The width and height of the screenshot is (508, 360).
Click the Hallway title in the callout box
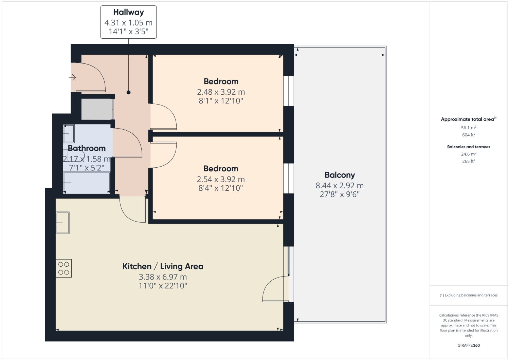(128, 12)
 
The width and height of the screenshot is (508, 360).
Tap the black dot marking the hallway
(128, 92)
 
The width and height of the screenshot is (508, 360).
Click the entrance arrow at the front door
(72, 78)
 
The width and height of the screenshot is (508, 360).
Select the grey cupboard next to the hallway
(97, 109)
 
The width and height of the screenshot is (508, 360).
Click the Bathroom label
(87, 148)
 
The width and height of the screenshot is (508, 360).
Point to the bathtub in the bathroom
(87, 183)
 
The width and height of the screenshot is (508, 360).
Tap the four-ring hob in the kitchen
(64, 268)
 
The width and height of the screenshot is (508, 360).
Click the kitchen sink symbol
(62, 223)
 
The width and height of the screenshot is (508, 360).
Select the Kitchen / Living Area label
(163, 266)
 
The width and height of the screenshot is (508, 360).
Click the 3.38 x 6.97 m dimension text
(163, 277)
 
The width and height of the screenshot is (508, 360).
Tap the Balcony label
(340, 175)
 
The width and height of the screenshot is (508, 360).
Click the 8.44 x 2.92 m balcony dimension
(340, 186)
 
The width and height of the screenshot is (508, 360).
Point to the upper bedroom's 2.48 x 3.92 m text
(221, 92)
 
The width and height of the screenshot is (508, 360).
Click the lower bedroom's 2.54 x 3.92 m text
(221, 179)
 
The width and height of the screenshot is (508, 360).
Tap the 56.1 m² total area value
(468, 128)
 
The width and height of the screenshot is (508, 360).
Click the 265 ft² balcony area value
(468, 161)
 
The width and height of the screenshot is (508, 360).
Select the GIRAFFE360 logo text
(468, 345)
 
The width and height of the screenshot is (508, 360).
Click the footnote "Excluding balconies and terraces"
(469, 295)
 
